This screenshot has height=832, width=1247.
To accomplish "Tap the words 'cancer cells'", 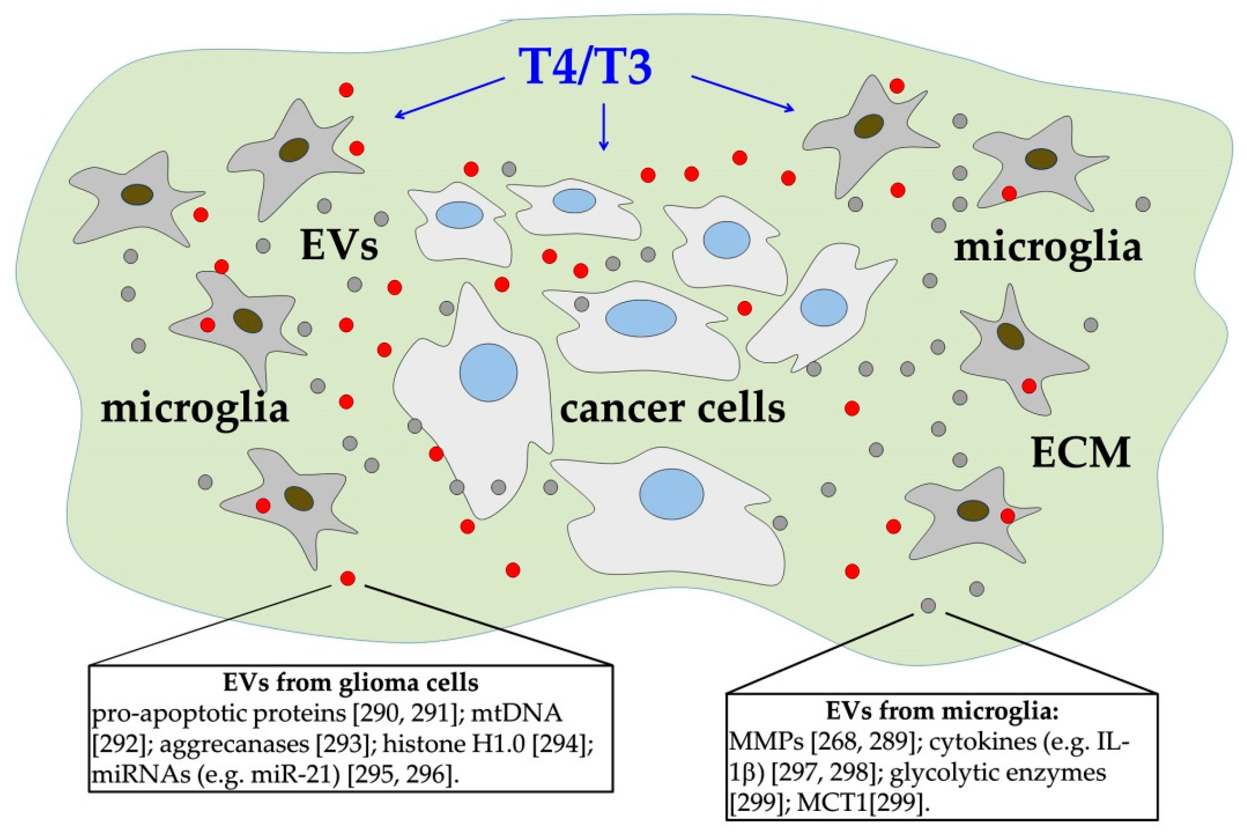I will click(x=672, y=410).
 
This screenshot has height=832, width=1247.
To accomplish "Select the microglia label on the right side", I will click(x=1047, y=248).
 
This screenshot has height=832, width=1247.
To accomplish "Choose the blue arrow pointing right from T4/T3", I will click(x=742, y=94).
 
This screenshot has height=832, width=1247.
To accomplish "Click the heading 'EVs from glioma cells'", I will click(x=350, y=683).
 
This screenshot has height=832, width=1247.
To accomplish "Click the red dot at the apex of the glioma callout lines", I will click(x=348, y=578).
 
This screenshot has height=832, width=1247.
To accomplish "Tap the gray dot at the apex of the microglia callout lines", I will click(x=928, y=605).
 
